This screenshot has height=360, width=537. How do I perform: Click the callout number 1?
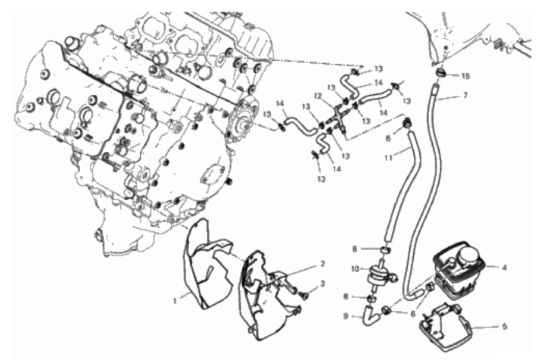[x=175, y=301]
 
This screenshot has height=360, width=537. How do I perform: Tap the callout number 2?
[x=322, y=264]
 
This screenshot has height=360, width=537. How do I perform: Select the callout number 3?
[x=322, y=284]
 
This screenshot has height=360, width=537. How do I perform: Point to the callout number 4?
[x=505, y=267]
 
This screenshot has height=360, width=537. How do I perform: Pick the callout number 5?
[x=505, y=326]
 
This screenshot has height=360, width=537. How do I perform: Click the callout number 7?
[x=465, y=95]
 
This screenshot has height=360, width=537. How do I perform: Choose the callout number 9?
[x=346, y=316]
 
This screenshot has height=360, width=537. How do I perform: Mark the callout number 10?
[x=355, y=269]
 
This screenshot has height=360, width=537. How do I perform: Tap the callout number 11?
[x=388, y=158]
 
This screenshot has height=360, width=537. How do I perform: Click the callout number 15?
[x=465, y=76]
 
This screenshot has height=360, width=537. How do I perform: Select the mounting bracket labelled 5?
[x=445, y=323]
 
